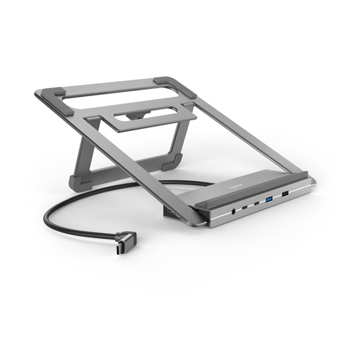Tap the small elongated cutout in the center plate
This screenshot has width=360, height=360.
point(135,116)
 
